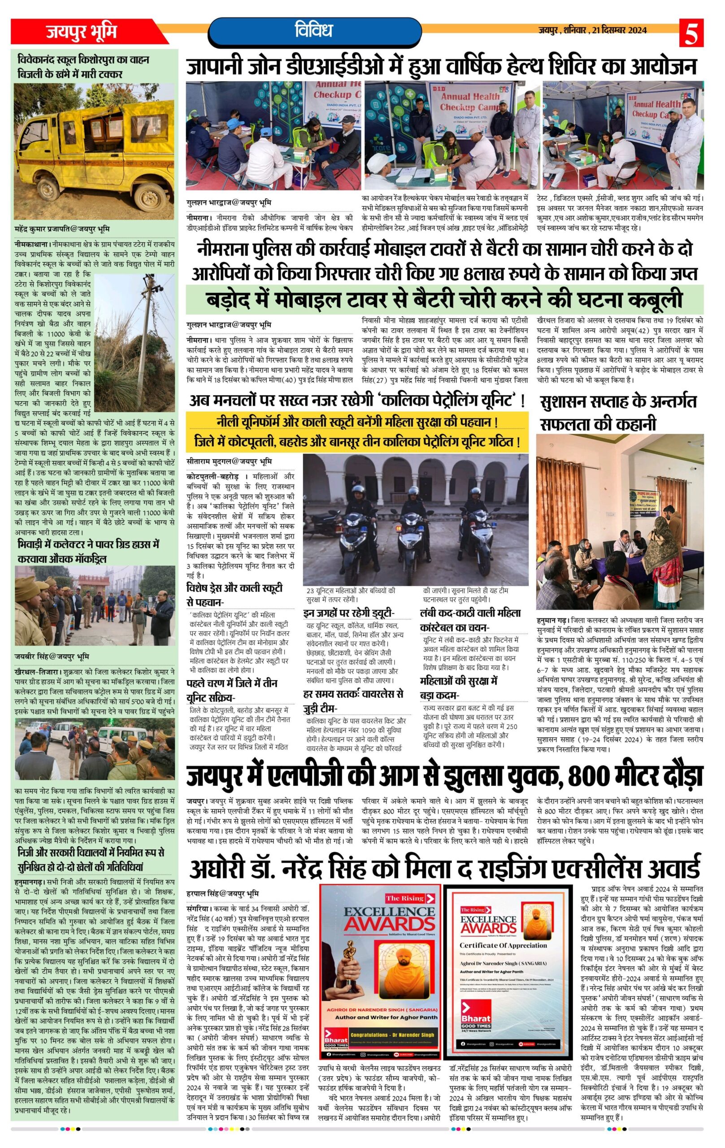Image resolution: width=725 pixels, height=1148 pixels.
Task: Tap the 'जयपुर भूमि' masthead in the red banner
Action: (81, 32)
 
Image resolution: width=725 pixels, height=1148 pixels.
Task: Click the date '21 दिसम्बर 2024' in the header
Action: (619, 30)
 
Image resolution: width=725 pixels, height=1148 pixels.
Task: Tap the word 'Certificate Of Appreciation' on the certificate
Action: (503, 945)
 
